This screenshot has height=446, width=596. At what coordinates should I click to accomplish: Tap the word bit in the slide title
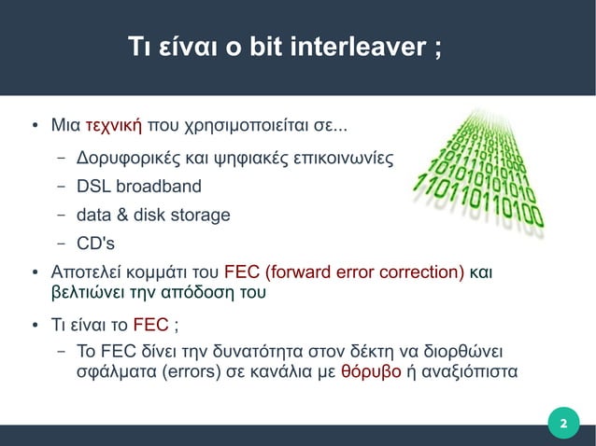click(x=263, y=48)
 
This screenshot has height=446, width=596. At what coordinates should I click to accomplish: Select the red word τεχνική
click(x=113, y=125)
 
